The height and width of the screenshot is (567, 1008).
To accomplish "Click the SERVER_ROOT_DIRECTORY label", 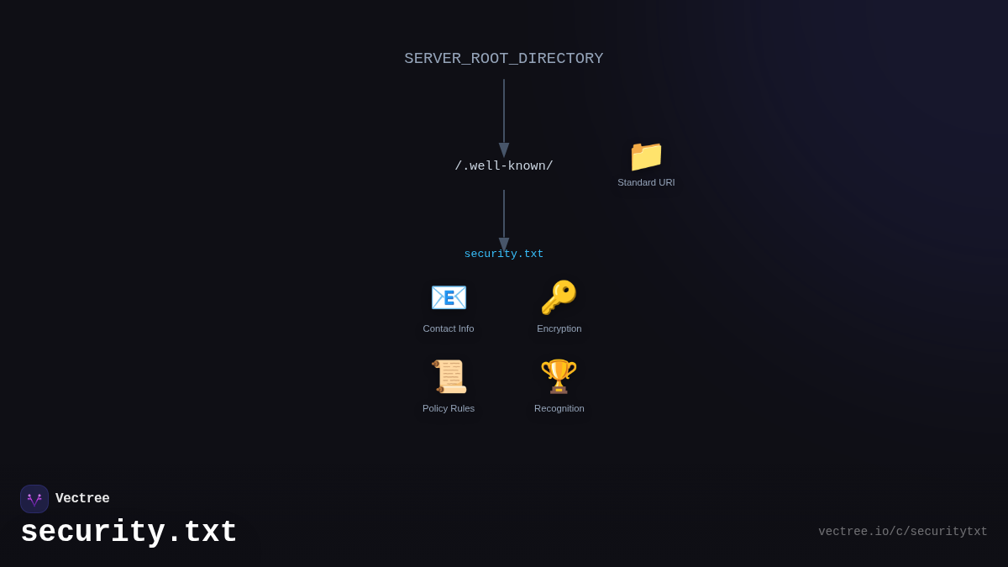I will point(504,59).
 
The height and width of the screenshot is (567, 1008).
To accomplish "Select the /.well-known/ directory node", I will point(504,166).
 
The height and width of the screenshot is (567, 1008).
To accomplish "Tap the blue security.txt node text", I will point(504,255).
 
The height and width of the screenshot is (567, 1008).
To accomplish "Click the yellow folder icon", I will point(646,156).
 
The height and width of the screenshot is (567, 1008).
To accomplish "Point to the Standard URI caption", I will point(646,182).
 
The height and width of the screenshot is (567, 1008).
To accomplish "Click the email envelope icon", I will point(449,297).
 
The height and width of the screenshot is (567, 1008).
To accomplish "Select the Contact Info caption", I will point(449,328).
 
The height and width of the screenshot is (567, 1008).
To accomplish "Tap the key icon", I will point(559,297).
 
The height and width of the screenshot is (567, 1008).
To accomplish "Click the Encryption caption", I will point(559,328).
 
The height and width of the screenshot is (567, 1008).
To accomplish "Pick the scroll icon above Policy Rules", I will point(449,376).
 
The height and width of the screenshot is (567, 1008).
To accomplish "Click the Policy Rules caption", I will point(449,408).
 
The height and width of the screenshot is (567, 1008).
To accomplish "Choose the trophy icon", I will point(559,376).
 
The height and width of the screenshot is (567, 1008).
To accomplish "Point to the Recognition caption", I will point(559,408).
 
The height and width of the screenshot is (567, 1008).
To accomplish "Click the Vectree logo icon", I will point(34,499).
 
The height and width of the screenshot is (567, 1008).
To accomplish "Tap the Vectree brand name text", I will point(82,499).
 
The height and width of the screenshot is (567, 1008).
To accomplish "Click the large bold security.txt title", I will point(129,533).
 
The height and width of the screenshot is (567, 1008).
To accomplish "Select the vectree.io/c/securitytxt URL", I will point(903,532).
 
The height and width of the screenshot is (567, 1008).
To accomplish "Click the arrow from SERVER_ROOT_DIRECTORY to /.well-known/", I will point(504,113).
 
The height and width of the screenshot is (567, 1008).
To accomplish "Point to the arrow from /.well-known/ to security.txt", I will point(504,214).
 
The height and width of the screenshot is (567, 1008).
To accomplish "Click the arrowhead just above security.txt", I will point(504,244).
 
